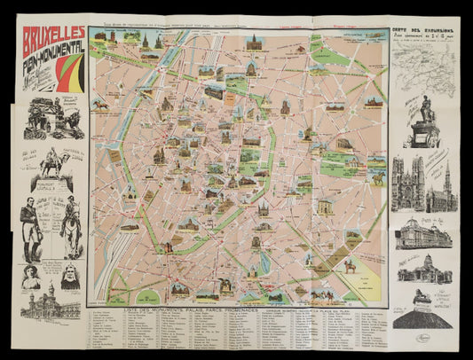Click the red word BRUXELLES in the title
click(53, 40)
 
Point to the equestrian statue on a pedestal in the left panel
click(55, 163)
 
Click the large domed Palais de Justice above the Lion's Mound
click(422, 266)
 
